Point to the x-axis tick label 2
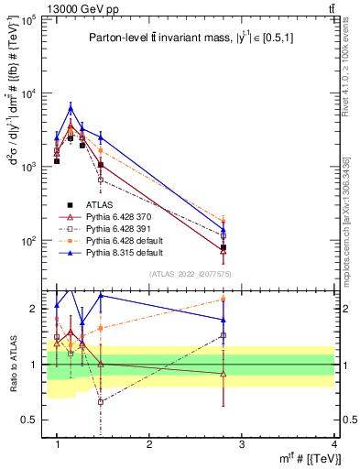click(x=149, y=444)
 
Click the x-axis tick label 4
click(x=333, y=444)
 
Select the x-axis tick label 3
click(x=242, y=444)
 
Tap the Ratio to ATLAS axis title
click(x=13, y=364)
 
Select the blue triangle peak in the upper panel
click(x=71, y=108)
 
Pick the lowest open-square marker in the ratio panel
click(x=101, y=402)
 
